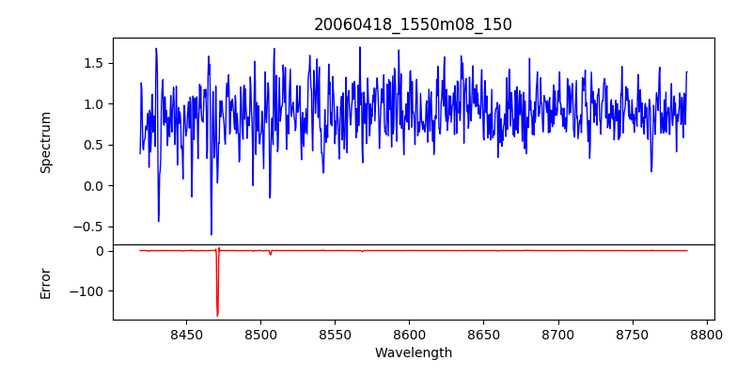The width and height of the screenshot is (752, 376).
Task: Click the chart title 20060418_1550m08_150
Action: [x=413, y=24]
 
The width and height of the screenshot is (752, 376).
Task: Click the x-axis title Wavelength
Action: [x=413, y=353]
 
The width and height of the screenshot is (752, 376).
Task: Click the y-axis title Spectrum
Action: [x=45, y=142]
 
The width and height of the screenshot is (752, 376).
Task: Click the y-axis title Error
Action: [x=45, y=283]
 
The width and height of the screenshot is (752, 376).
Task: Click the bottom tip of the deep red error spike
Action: [x=217, y=316]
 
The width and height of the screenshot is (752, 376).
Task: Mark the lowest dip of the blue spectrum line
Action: [x=211, y=234]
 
